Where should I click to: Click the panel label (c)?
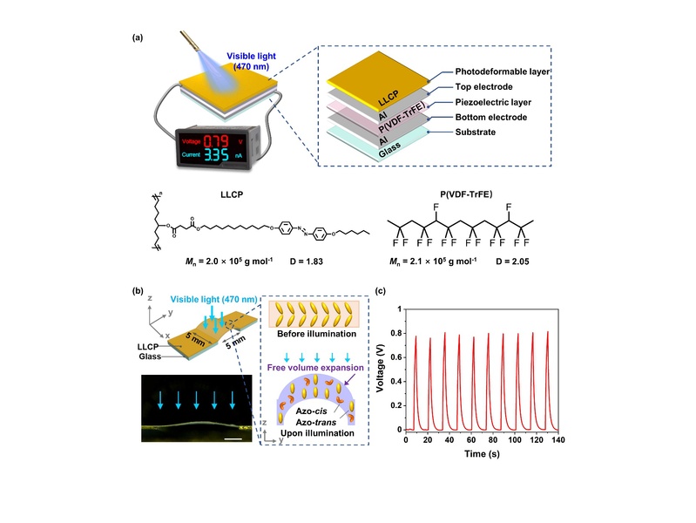coord(380,291)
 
